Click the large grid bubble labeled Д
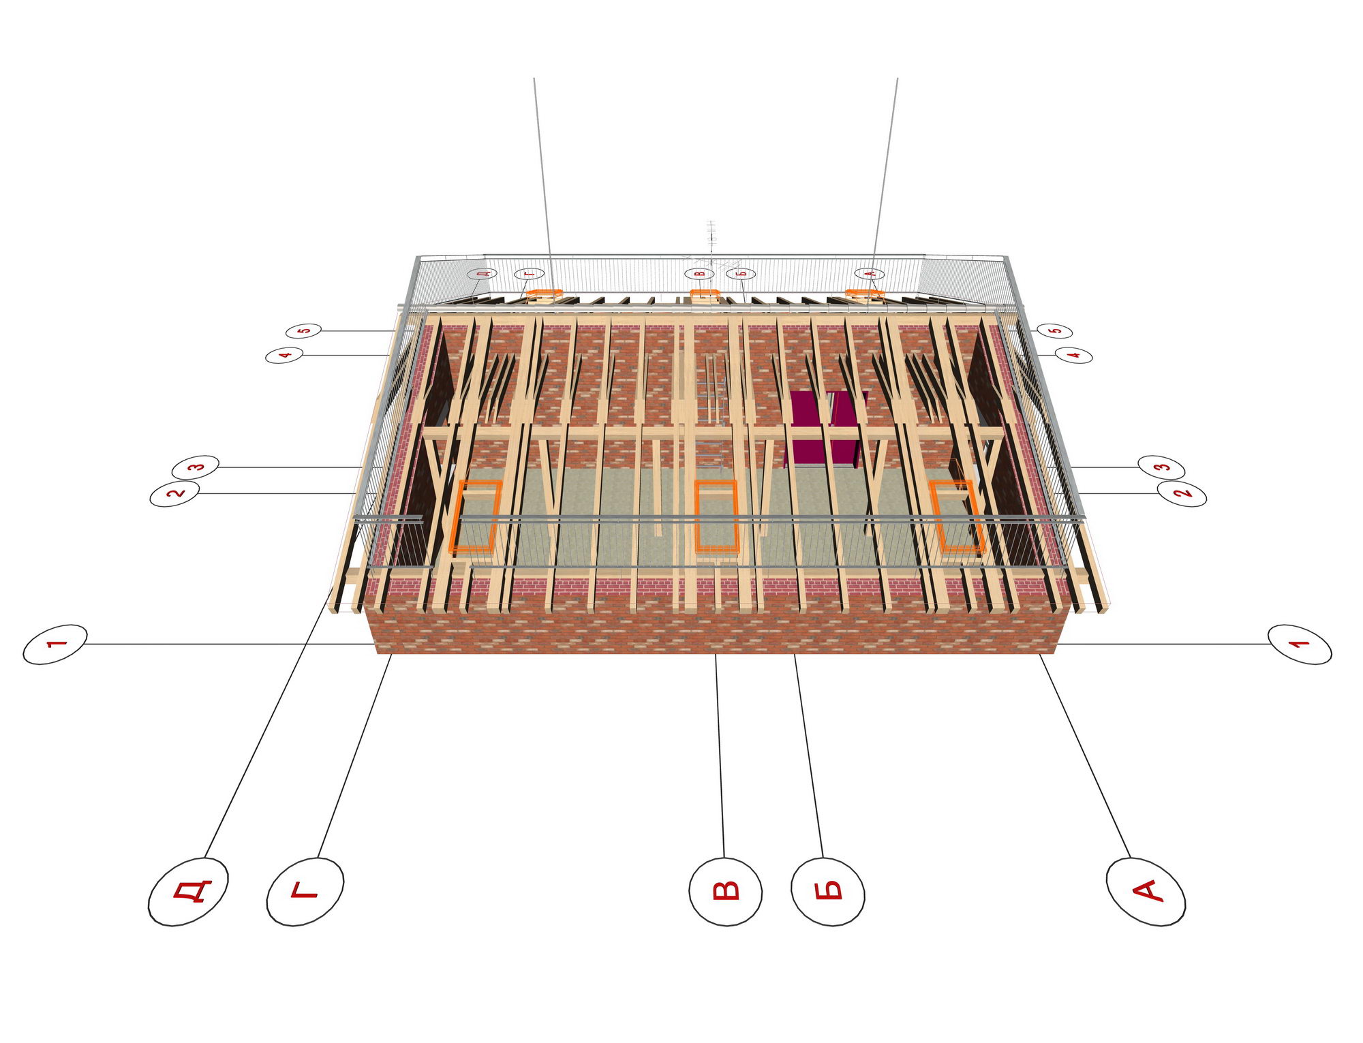188,891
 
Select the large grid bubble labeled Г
305,890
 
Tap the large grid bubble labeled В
725,891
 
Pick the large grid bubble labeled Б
828,891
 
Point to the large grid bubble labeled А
1146,891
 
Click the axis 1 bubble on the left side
55,644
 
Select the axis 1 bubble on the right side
1300,644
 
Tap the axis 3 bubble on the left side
196,467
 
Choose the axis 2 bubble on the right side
1182,493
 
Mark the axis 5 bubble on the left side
303,331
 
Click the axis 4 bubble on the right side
1074,355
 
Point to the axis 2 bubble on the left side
174,493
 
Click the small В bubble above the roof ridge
699,274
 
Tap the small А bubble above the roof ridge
869,274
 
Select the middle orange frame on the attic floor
716,516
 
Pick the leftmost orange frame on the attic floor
476,516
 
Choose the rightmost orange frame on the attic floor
957,516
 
